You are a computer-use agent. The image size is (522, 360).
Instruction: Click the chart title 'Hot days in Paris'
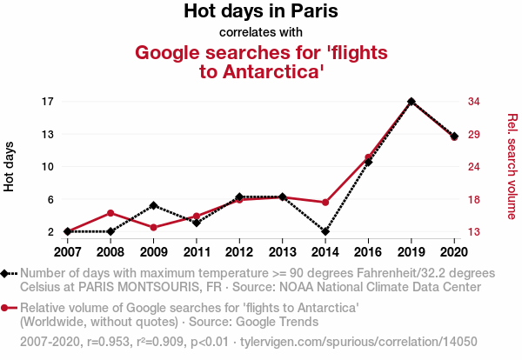coord(260,12)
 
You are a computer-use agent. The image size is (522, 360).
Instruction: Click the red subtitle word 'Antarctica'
coord(262,71)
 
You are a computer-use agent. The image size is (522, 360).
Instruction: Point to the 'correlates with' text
coord(260,33)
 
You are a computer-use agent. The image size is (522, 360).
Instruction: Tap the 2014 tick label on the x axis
coord(325,252)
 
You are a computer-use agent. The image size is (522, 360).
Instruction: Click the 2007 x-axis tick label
coord(67,252)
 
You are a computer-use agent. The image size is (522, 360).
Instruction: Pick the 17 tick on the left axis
coord(49,102)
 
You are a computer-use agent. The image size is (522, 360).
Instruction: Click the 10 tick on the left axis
coord(49,167)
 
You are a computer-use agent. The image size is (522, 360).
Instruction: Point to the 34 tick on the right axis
coord(475,102)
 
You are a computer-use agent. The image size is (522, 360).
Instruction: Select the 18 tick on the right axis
coord(475,199)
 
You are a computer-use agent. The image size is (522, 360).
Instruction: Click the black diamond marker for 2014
coord(325,232)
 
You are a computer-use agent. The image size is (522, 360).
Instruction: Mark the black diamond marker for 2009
coord(153,205)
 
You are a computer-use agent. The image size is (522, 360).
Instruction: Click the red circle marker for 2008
coord(110,213)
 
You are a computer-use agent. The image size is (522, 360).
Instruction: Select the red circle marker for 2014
coord(325,203)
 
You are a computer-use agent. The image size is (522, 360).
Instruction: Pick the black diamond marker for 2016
coord(368,163)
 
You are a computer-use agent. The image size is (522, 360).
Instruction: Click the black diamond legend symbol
coord(7,273)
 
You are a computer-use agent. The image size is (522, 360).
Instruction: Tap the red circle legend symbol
coord(7,308)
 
